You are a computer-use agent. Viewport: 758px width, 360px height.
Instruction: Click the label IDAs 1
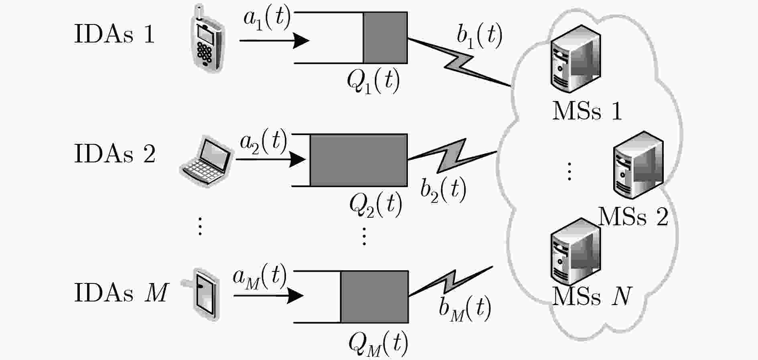point(114,34)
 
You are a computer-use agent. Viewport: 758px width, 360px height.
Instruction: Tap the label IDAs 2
point(115,154)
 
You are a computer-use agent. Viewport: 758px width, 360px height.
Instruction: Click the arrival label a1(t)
point(267,19)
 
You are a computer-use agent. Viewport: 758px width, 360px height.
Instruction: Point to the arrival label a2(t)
point(263,142)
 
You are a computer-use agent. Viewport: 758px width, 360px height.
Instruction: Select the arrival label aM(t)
point(260,277)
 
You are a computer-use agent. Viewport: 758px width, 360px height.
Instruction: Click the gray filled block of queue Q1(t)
point(385,38)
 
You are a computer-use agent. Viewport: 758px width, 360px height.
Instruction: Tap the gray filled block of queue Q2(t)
point(359,160)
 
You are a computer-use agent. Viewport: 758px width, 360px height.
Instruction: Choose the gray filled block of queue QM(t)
point(375,297)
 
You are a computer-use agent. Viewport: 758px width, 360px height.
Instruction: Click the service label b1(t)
point(479,37)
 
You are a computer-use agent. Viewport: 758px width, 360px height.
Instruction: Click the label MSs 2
point(633,217)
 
